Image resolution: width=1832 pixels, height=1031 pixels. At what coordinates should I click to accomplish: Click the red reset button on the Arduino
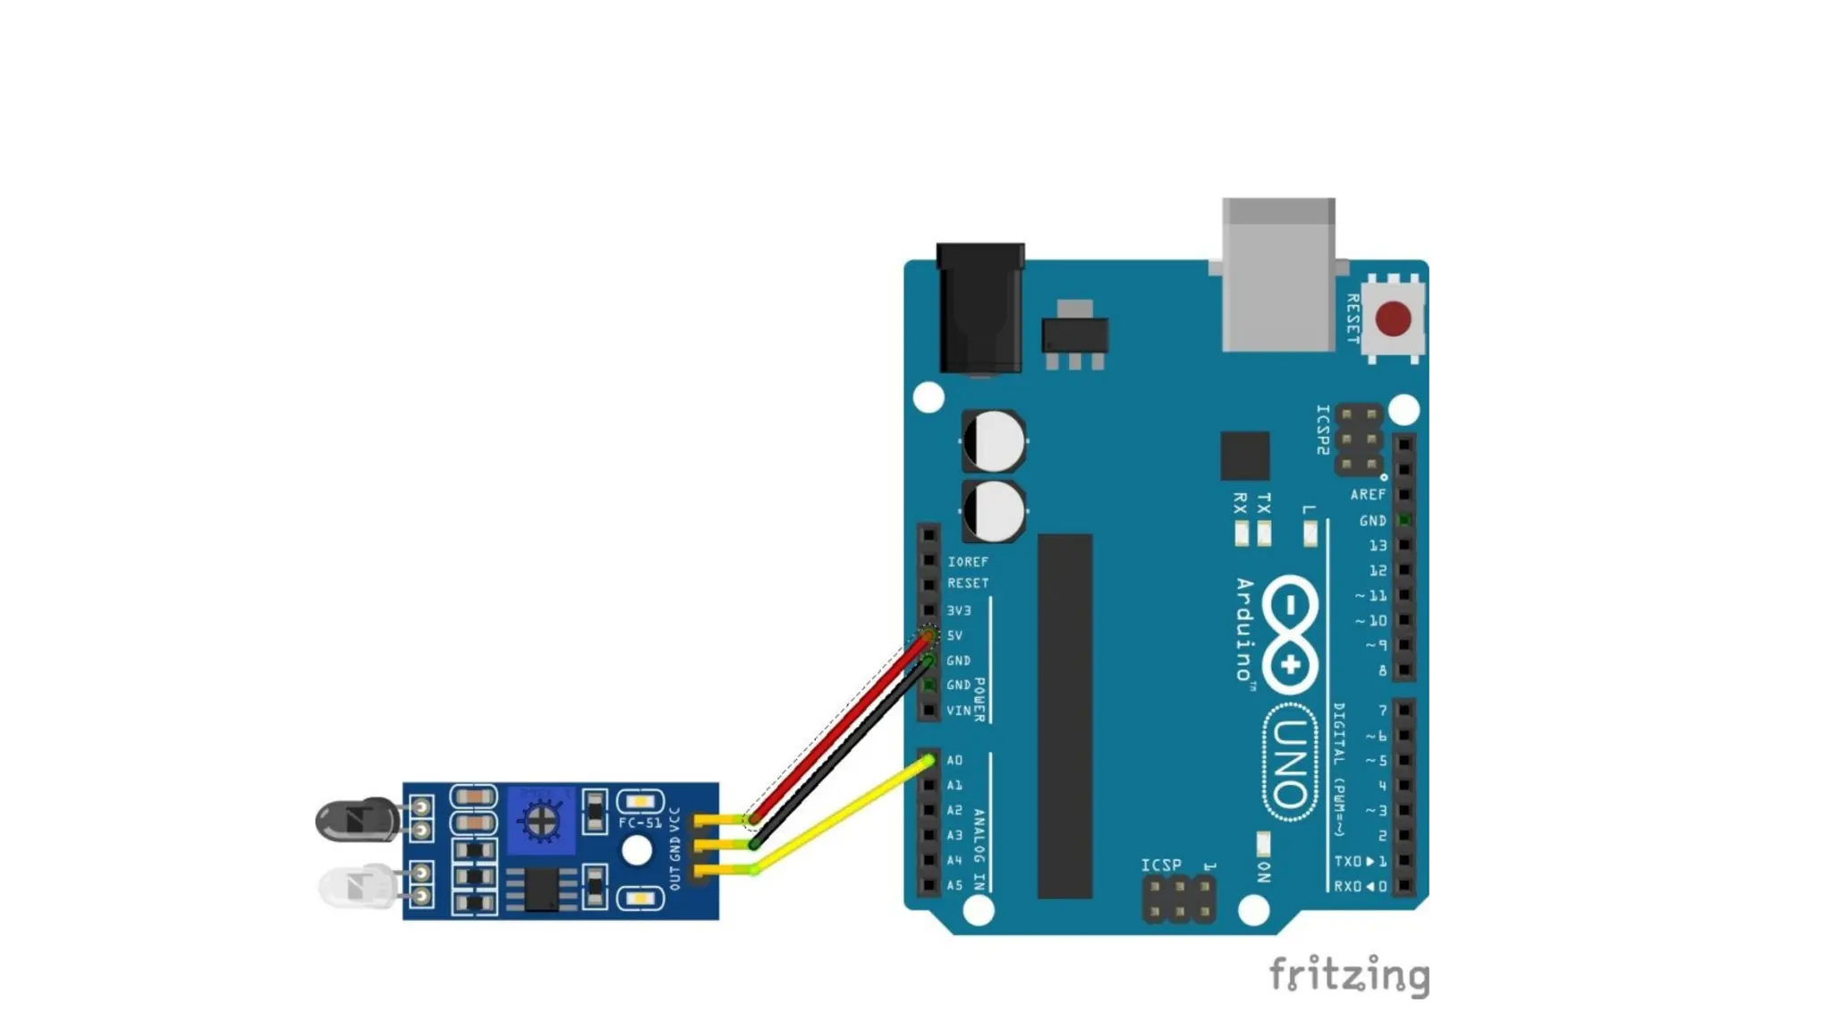click(x=1393, y=319)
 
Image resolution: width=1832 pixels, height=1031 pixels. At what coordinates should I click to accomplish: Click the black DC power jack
click(x=980, y=309)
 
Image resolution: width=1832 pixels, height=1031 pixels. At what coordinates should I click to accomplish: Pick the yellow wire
click(x=841, y=814)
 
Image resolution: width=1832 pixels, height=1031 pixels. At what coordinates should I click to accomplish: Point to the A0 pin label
click(x=954, y=761)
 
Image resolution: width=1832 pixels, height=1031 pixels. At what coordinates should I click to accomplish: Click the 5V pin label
click(x=954, y=635)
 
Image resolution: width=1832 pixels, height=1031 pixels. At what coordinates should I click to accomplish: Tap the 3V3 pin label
click(x=958, y=610)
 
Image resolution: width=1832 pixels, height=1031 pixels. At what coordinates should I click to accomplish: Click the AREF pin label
click(x=1368, y=495)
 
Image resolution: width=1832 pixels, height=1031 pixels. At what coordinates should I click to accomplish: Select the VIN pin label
click(x=958, y=711)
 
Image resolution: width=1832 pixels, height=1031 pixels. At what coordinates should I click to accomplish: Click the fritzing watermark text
click(x=1349, y=975)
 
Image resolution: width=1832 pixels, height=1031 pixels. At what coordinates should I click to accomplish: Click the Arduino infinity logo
click(x=1290, y=635)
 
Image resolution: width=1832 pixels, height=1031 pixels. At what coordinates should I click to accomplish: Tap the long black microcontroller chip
click(x=1064, y=716)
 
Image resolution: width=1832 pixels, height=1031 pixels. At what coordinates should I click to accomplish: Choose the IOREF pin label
click(x=968, y=562)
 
